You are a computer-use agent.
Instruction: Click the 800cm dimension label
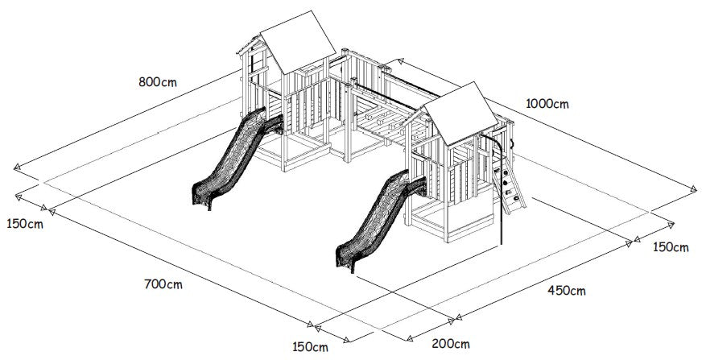[158, 82]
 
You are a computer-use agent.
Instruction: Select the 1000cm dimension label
[547, 104]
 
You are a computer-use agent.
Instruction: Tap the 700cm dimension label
[163, 284]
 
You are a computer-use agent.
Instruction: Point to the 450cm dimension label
[567, 291]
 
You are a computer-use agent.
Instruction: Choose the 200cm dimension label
[451, 344]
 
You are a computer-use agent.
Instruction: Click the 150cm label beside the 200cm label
[310, 347]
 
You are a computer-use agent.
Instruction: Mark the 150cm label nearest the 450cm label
[671, 247]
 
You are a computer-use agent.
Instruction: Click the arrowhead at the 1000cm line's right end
[693, 188]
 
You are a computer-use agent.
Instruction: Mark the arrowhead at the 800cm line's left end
[18, 168]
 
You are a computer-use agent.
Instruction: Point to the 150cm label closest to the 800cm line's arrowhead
[25, 223]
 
